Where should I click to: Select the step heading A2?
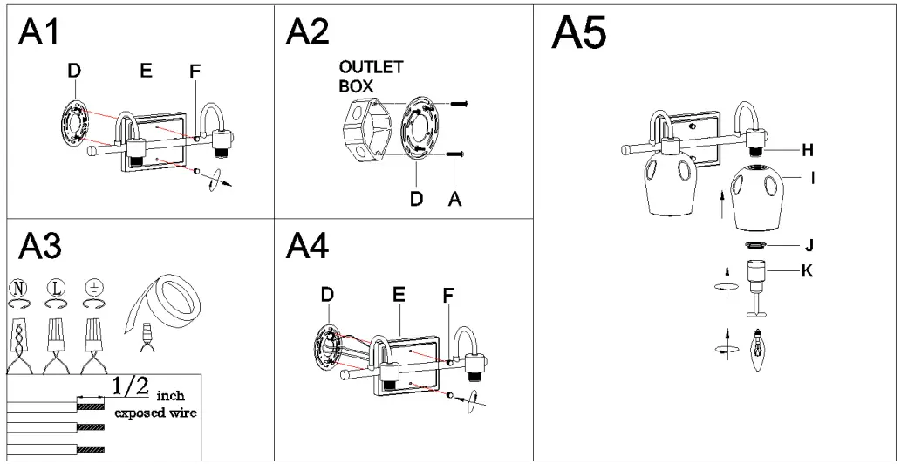[x=308, y=33]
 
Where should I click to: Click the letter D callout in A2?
[x=416, y=200]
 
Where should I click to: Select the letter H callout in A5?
[x=808, y=149]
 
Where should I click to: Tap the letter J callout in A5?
[x=808, y=244]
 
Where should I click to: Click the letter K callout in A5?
[x=808, y=271]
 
